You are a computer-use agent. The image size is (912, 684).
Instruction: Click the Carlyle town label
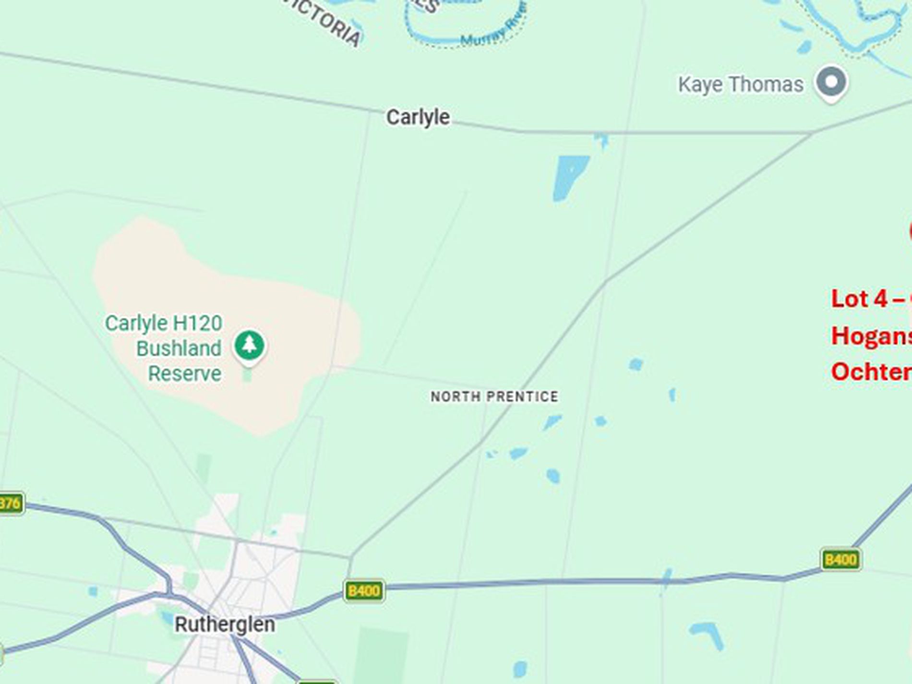pos(418,118)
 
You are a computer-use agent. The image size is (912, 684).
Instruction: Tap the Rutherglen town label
pos(225,624)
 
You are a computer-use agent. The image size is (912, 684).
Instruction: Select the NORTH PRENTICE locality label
pos(494,396)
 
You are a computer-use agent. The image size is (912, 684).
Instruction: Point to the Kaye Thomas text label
pos(741,85)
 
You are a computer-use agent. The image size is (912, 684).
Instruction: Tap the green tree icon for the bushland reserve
pos(249,345)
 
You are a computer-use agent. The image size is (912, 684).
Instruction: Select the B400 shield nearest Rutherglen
pos(364,590)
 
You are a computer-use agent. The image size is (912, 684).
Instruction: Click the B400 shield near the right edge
pos(841,559)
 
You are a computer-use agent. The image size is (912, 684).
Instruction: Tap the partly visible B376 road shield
pos(11,503)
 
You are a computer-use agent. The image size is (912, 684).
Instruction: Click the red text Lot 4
pos(859,299)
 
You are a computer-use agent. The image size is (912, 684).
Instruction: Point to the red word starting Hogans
pos(871,336)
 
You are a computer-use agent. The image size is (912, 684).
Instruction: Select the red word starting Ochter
pos(871,372)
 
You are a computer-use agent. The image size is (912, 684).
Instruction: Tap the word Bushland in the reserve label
pos(179,348)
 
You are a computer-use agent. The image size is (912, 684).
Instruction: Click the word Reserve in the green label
pos(185,373)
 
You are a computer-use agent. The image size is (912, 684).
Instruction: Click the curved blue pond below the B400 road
pos(708,634)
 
